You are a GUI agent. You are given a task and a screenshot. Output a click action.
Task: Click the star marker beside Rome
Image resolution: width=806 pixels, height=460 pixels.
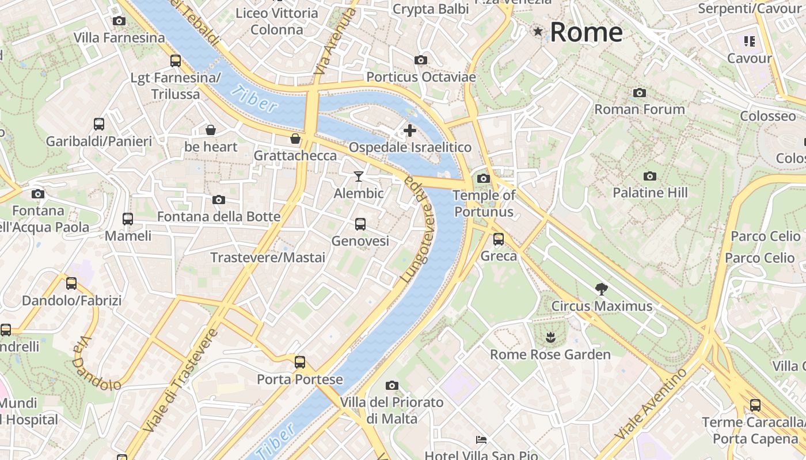click(x=538, y=32)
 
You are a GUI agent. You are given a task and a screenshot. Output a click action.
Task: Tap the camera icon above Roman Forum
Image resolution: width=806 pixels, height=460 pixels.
click(x=639, y=93)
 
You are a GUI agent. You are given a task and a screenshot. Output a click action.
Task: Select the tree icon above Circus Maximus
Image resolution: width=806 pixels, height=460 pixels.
click(x=602, y=289)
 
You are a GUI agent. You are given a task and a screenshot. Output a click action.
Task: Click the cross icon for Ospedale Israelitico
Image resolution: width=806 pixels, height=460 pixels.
click(x=409, y=131)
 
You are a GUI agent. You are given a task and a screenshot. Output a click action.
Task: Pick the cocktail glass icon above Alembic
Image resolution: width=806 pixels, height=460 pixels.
click(x=359, y=176)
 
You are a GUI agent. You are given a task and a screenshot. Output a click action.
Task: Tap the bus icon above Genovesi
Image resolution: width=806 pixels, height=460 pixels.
click(x=360, y=224)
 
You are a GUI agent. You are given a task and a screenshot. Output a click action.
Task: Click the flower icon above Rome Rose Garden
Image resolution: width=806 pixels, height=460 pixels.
click(x=550, y=338)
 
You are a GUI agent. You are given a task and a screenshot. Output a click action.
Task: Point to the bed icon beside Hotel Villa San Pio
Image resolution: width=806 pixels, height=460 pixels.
click(x=481, y=440)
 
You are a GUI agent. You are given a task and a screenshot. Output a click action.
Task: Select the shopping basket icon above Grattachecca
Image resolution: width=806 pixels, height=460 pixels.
click(x=295, y=139)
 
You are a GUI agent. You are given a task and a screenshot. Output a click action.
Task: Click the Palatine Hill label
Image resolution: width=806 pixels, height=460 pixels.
click(x=650, y=193)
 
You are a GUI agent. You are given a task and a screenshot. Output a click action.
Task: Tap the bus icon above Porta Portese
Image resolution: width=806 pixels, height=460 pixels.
click(x=300, y=362)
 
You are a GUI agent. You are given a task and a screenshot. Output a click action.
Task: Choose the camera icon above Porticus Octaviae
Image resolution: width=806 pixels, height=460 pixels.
click(x=421, y=60)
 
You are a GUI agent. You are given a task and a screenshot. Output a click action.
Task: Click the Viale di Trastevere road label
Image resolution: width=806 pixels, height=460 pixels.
click(x=180, y=381)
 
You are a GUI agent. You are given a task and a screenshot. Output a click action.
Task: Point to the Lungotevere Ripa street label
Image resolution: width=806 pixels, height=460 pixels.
click(x=418, y=228)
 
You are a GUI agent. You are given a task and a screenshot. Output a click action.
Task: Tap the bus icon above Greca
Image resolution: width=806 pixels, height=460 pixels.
click(x=499, y=239)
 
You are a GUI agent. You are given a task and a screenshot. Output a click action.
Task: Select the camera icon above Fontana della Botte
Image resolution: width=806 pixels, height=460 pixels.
click(x=219, y=200)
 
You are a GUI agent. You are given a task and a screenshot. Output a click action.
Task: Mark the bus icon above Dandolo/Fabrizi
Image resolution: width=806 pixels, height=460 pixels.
click(x=71, y=283)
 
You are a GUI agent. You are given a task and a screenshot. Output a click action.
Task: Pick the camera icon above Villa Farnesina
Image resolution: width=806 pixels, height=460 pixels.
click(x=119, y=21)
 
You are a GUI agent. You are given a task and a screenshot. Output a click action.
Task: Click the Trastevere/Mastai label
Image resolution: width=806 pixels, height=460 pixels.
click(x=268, y=258)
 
